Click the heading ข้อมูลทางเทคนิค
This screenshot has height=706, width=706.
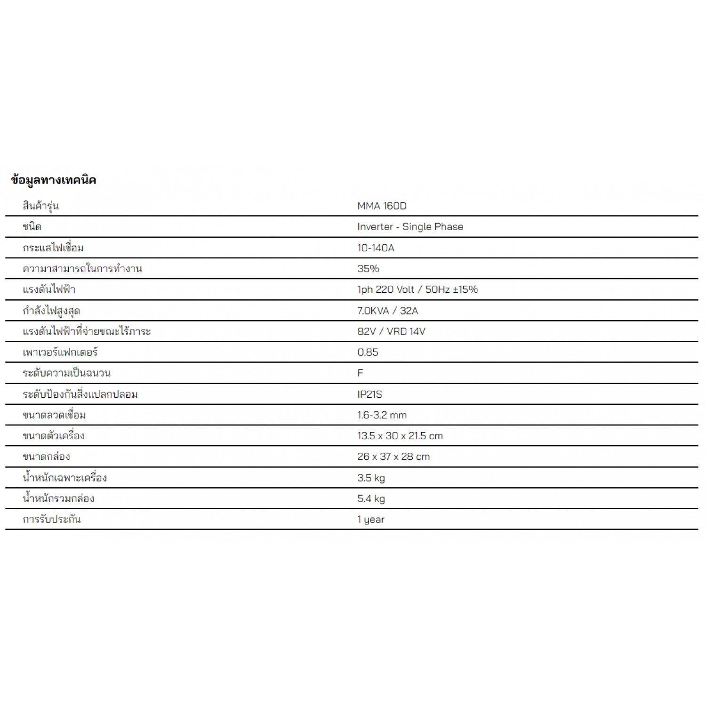pos(53,180)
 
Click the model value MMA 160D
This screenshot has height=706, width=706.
pos(382,206)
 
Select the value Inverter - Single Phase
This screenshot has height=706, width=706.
pos(410,226)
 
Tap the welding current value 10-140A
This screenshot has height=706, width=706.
pos(376,248)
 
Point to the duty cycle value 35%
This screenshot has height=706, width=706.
pos(368,268)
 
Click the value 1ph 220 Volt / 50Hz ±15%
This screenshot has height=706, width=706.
pos(417,289)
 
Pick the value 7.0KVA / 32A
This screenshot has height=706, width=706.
pos(387,310)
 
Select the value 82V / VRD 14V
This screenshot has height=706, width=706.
pos(391,331)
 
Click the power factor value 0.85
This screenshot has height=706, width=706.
pos(368,352)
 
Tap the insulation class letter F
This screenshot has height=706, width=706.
pos(360,373)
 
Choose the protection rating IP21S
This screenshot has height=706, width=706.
pos(369,394)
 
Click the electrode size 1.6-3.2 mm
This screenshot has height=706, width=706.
pos(382,415)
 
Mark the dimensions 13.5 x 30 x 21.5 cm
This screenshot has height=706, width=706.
pos(400,435)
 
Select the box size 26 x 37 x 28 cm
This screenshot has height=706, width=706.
pos(393,456)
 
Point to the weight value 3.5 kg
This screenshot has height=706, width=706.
pos(371,478)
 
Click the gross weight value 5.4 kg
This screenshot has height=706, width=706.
pos(371,498)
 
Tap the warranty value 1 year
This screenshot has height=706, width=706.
pos(371,519)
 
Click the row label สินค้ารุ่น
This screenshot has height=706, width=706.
pos(40,206)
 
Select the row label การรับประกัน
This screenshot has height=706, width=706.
pos(52,519)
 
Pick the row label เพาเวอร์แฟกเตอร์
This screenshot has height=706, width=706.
pos(60,352)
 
